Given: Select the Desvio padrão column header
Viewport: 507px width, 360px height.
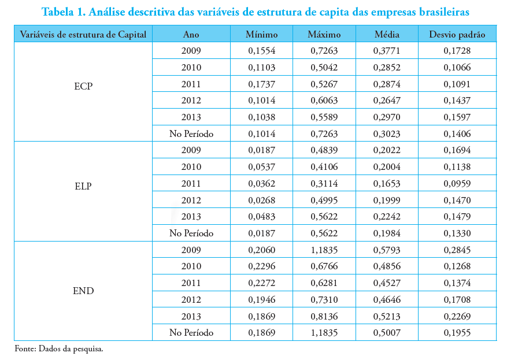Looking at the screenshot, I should (457, 35).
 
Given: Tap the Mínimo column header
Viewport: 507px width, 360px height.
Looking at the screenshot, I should (261, 35).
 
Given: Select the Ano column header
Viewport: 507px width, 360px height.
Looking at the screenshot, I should (191, 35).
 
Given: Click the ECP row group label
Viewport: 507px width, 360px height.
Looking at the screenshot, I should (83, 87).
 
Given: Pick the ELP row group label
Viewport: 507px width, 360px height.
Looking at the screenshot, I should (83, 187).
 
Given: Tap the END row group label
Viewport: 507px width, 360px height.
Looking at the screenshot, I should (83, 291).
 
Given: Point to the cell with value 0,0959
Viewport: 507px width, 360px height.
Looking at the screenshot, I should (457, 184).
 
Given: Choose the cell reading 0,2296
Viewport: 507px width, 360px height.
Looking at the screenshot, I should (261, 266).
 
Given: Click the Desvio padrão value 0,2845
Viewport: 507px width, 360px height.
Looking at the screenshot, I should (457, 250).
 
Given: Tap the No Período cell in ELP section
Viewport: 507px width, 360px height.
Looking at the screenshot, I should (191, 233).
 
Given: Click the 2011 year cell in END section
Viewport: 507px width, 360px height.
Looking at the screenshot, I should (191, 283).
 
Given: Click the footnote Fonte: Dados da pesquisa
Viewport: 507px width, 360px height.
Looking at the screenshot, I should (58, 349).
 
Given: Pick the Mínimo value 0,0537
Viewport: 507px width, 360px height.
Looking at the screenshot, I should (261, 167).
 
